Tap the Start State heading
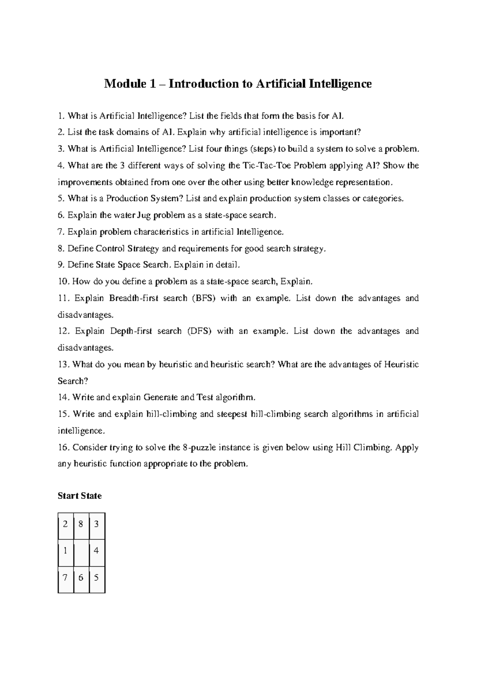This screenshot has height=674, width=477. pos(79,496)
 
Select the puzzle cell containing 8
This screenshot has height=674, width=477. pos(81,525)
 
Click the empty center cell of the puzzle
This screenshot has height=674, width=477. pos(81,552)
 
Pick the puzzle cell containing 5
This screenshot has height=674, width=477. pos(97,578)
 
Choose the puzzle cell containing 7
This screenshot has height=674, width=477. pos(66,578)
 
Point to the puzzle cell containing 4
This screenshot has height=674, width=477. pos(97,552)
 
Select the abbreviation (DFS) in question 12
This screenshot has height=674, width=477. pos(200,331)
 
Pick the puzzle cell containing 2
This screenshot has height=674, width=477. pos(66,525)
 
